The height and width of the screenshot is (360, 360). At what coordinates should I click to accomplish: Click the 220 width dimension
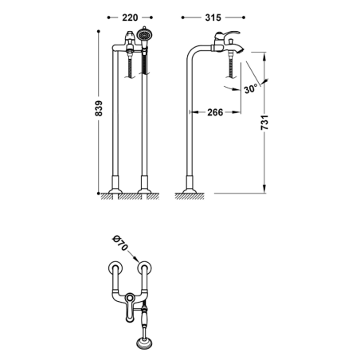pyautogui.click(x=130, y=18)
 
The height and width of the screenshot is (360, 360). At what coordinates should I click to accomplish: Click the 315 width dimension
pyautogui.click(x=213, y=18)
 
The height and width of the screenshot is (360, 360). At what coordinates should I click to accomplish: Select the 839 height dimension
pyautogui.click(x=99, y=108)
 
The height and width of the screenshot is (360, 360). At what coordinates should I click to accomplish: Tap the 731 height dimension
pyautogui.click(x=264, y=123)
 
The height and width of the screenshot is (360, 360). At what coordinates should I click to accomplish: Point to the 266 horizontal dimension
pyautogui.click(x=215, y=112)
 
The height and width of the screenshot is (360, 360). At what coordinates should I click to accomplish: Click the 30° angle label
pyautogui.click(x=251, y=88)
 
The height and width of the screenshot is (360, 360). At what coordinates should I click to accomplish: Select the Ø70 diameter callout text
pyautogui.click(x=120, y=243)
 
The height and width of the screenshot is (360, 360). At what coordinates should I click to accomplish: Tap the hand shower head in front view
pyautogui.click(x=144, y=34)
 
